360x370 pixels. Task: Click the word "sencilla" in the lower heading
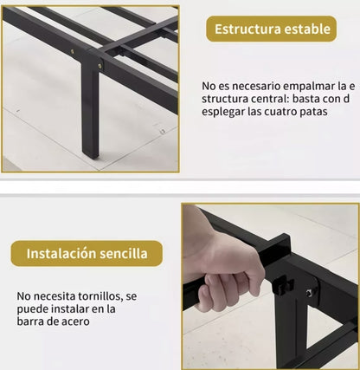coord(130,254)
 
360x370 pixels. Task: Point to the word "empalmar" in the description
coord(297,86)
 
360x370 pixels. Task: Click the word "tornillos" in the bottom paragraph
coord(107,294)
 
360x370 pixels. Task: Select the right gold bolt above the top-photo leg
coord(100,65)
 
